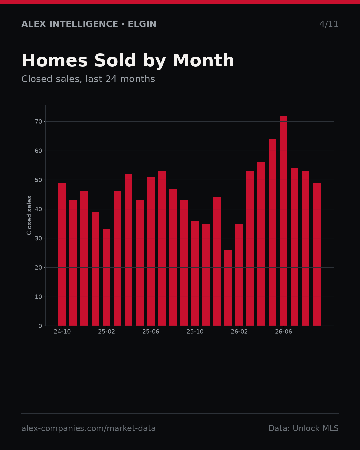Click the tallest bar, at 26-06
(283, 221)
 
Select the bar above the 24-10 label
(62, 254)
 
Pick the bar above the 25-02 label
(106, 277)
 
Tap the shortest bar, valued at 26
(228, 288)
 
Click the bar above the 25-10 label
(195, 273)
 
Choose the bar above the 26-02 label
(239, 275)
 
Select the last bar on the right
(317, 254)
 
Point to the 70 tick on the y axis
(38, 121)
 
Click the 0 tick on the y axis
(40, 326)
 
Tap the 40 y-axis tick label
(38, 209)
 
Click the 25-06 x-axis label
(151, 332)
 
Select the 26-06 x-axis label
(283, 332)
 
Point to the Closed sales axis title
(29, 215)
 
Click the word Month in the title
(203, 60)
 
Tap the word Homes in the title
(55, 60)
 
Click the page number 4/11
(329, 24)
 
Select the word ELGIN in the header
(142, 24)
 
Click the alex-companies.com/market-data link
(89, 428)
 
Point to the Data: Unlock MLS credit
(304, 428)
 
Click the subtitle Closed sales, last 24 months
(88, 79)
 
